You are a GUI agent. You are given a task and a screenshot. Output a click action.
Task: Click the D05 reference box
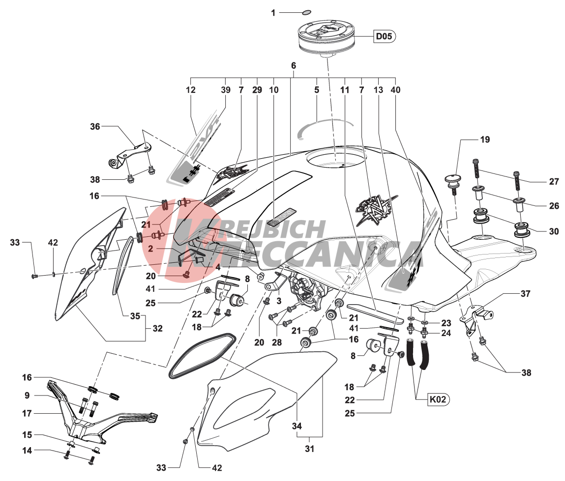(384, 36)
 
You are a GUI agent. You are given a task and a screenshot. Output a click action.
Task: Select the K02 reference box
(438, 399)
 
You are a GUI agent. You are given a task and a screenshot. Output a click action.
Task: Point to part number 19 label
(485, 140)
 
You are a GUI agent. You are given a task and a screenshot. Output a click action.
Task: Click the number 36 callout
(95, 126)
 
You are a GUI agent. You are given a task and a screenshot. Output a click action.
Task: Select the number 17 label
(27, 413)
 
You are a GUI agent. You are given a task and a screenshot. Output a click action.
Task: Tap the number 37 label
(525, 294)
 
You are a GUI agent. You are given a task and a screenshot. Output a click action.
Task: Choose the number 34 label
(297, 426)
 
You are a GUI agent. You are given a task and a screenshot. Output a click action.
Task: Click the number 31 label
(309, 449)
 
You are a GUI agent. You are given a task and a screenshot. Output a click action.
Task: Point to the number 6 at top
(294, 65)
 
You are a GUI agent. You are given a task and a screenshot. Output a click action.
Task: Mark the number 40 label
(395, 89)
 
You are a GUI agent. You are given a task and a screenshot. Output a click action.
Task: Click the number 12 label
(191, 89)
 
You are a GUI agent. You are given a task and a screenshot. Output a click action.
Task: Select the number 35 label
(135, 316)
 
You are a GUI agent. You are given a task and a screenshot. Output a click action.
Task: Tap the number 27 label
(554, 182)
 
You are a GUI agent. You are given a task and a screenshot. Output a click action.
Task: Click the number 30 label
(554, 231)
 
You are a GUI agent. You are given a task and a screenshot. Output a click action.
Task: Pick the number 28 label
(277, 342)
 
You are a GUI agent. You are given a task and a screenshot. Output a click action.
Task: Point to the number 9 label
(27, 396)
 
